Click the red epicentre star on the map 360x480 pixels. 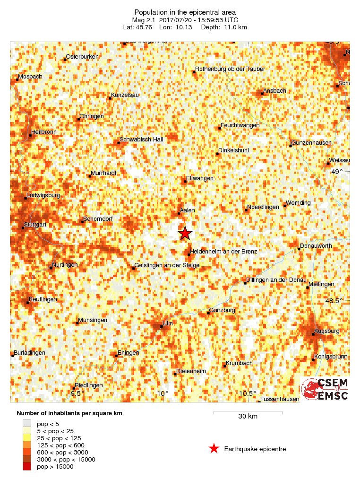(x=185, y=233)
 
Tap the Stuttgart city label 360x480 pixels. (x=36, y=225)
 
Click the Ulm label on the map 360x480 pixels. (x=166, y=323)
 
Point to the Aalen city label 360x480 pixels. (x=187, y=210)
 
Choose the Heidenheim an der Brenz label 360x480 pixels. (x=223, y=252)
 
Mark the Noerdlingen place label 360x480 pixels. (x=263, y=209)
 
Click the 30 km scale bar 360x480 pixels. (x=248, y=413)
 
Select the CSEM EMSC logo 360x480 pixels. (x=326, y=389)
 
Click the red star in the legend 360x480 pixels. (x=214, y=449)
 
